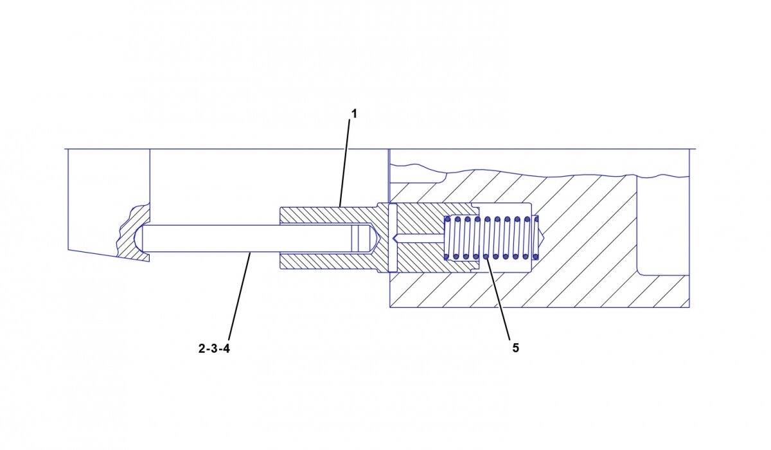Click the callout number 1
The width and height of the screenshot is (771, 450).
pyautogui.click(x=353, y=114)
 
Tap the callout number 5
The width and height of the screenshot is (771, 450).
pyautogui.click(x=515, y=348)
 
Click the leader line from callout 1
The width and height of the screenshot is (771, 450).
pyautogui.click(x=346, y=161)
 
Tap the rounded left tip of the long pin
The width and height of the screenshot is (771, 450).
pyautogui.click(x=144, y=238)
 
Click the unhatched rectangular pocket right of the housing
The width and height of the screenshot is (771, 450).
pyautogui.click(x=662, y=225)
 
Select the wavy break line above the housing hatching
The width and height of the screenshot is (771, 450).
pyautogui.click(x=514, y=172)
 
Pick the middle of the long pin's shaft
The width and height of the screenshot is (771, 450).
pyautogui.click(x=257, y=238)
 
